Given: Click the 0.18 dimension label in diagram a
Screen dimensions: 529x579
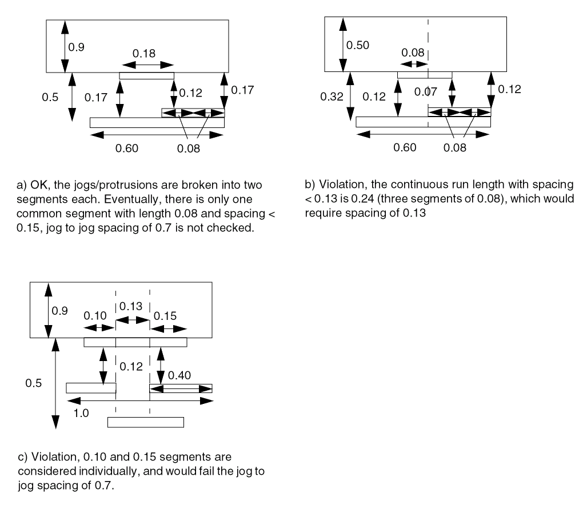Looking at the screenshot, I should pos(144,54).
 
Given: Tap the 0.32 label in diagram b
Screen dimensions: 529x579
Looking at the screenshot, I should pos(333,97).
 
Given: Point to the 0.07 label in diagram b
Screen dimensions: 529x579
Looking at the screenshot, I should pos(425,91).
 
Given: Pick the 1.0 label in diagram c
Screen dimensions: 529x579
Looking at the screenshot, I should pos(81,414).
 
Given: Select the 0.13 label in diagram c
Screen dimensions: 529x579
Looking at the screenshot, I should pos(133,306).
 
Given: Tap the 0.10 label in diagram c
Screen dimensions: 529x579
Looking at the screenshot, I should pos(95,315).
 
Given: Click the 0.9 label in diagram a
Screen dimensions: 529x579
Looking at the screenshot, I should pos(77,48).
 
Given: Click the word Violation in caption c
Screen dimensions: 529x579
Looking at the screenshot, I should pos(48,456).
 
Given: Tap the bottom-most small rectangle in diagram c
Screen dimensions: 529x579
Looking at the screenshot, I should pos(146,422).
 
